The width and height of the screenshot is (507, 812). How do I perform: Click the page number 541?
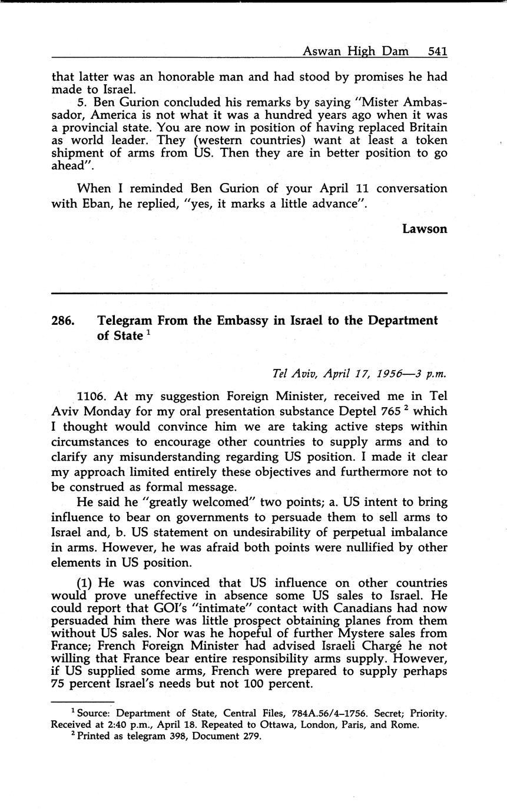point(438,51)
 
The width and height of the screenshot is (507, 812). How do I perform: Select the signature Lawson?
point(425,229)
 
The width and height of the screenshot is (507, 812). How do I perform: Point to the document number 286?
point(63,321)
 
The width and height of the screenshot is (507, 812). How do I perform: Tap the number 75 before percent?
point(59,684)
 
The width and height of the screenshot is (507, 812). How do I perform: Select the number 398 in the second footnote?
point(169,736)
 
